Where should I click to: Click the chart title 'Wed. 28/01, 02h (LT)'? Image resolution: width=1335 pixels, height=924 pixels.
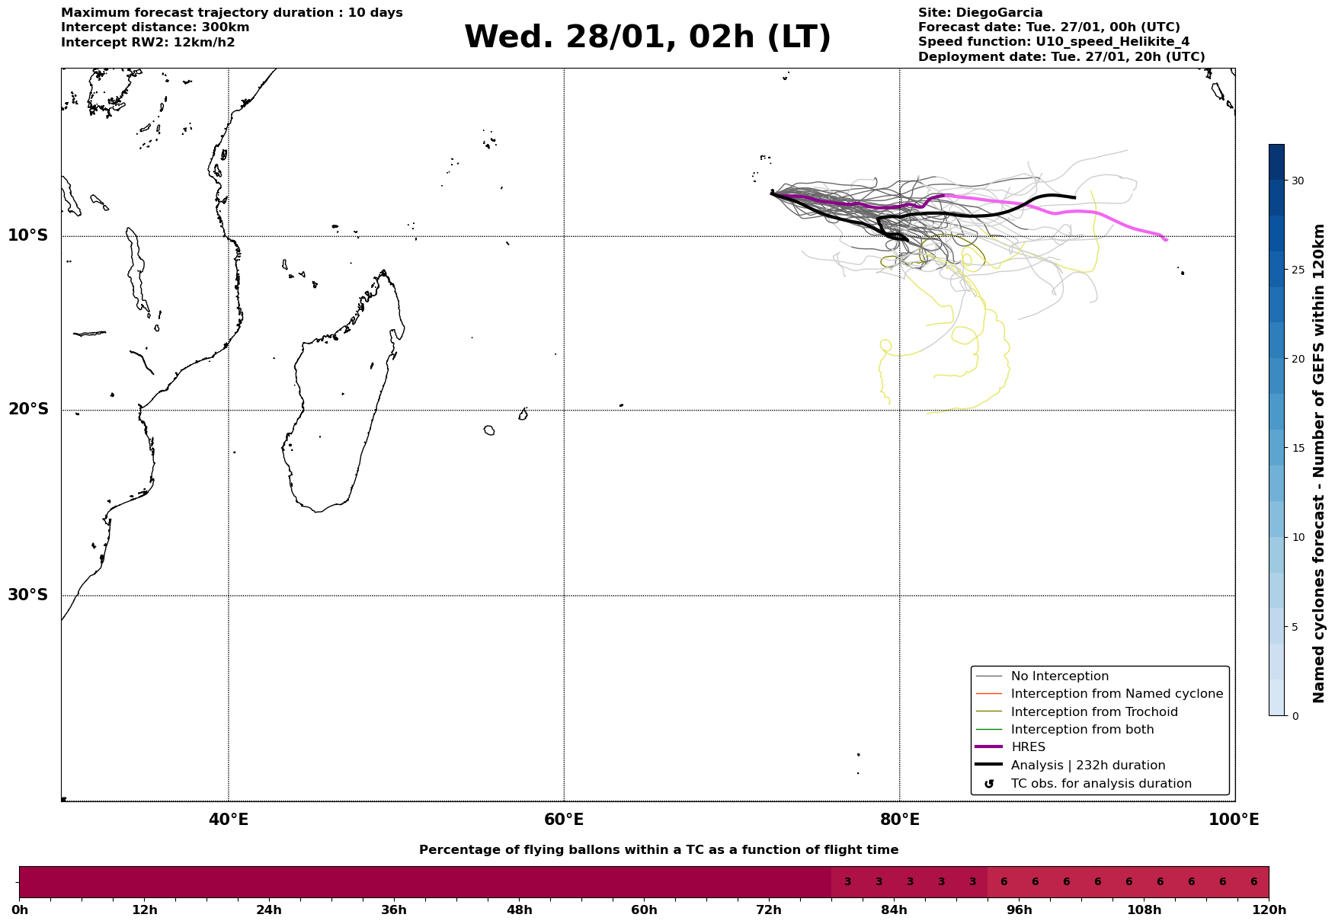coord(647,37)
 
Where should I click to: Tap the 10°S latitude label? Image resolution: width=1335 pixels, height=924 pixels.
coord(28,235)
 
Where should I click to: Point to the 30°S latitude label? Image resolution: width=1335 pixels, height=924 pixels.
coord(28,595)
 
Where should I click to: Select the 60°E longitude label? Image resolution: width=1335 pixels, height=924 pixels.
coord(564,820)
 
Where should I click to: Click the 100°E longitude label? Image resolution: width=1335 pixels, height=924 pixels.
coord(1234,820)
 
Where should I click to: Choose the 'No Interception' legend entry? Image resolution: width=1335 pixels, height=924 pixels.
coord(1059,676)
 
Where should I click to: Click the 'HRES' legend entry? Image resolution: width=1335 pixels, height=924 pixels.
coord(1028,747)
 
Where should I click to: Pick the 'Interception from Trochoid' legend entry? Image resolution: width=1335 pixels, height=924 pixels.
coord(1093,712)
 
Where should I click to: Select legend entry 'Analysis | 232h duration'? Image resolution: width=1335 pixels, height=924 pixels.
coord(1087,766)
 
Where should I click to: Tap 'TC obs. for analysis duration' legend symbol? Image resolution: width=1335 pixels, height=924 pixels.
coord(989,784)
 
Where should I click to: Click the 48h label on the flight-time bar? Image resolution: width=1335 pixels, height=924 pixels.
coord(519,910)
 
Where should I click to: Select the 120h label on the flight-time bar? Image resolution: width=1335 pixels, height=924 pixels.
coord(1268,910)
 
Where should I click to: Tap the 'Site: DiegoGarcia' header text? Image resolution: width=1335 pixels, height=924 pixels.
coord(980,13)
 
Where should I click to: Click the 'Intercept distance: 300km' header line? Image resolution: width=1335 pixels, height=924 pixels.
coord(155,27)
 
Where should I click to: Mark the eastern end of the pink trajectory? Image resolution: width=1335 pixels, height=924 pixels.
coord(1166,240)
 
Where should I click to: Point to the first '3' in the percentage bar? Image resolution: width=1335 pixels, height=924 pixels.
coord(847,882)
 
